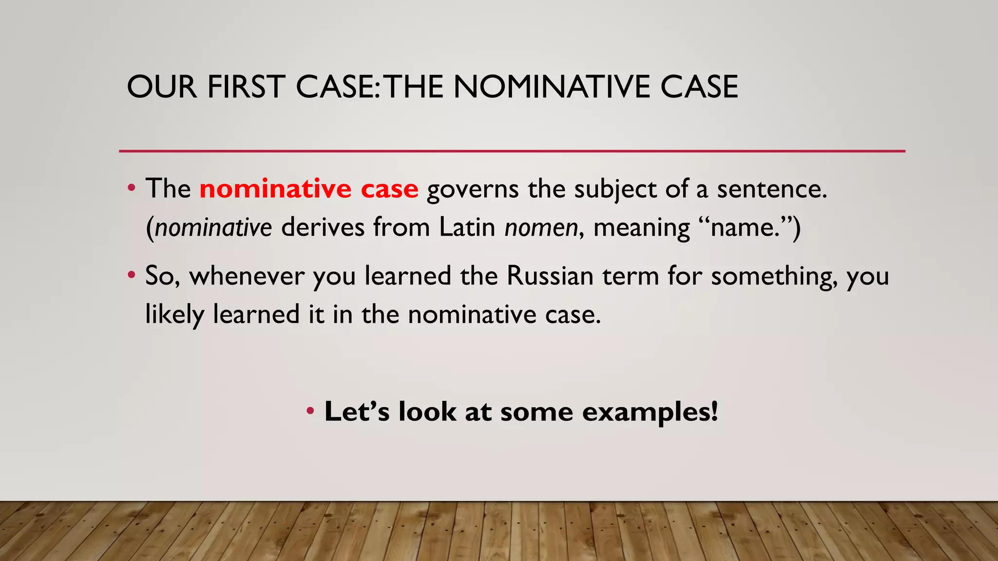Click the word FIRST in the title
245,87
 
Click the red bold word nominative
275,189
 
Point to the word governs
473,190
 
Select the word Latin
467,227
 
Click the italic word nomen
541,228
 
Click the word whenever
247,276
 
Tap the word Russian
550,276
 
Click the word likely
174,315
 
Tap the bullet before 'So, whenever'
131,276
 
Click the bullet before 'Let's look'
310,411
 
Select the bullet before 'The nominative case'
131,188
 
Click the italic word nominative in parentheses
213,228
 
